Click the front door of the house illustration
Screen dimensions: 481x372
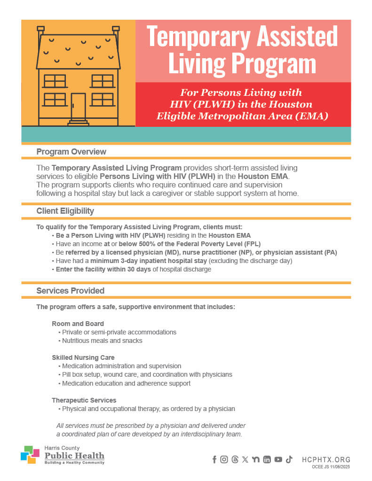(78, 106)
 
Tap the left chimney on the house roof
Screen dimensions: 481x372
(41, 31)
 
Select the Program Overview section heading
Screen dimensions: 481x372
(71, 152)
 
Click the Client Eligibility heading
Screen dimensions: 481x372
(65, 211)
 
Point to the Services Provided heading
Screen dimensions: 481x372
(70, 291)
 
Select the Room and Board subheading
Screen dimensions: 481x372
(78, 324)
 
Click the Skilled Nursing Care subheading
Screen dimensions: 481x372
(83, 357)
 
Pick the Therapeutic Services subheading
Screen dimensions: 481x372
(84, 400)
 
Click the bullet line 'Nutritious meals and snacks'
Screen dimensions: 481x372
(102, 341)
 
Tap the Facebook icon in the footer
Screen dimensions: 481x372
(214, 459)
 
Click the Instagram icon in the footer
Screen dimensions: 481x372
(224, 459)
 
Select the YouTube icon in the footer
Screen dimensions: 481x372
(278, 459)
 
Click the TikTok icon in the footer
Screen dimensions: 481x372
(289, 459)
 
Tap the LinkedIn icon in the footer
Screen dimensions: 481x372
(267, 459)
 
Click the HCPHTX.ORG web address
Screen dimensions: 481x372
(326, 459)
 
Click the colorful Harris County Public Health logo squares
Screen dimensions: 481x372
(30, 455)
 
